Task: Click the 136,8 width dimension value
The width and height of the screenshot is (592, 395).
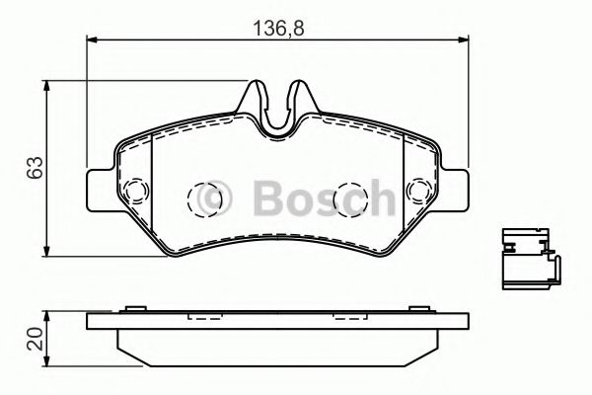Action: pos(278,29)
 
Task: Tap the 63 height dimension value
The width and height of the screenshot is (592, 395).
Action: pos(36,168)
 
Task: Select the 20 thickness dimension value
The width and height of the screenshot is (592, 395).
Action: pos(36,339)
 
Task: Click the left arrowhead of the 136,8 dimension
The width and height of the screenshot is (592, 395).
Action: pos(93,39)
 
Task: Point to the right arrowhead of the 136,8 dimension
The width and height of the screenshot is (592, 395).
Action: pos(464,39)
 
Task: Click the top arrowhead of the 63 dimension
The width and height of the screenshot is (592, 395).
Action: pos(46,86)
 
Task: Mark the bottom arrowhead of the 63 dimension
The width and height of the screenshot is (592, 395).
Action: pos(46,252)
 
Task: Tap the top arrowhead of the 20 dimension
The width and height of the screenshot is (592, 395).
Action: pos(46,317)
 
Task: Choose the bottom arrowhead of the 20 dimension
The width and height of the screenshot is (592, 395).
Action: pos(46,360)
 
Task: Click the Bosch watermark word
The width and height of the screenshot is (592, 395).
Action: pos(325,197)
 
